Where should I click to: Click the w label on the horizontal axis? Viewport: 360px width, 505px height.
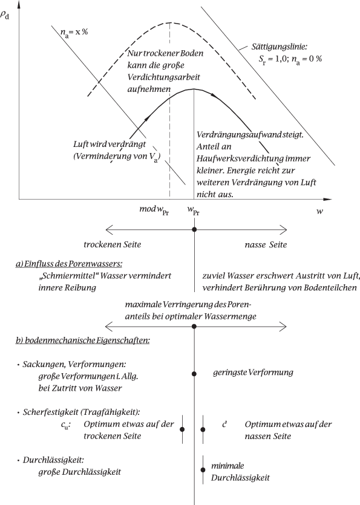pos(318,212)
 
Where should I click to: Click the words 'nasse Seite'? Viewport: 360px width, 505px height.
pos(263,245)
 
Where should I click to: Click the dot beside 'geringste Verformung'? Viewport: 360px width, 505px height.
pos(194,374)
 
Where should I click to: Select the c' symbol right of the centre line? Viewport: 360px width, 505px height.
pos(225,425)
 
